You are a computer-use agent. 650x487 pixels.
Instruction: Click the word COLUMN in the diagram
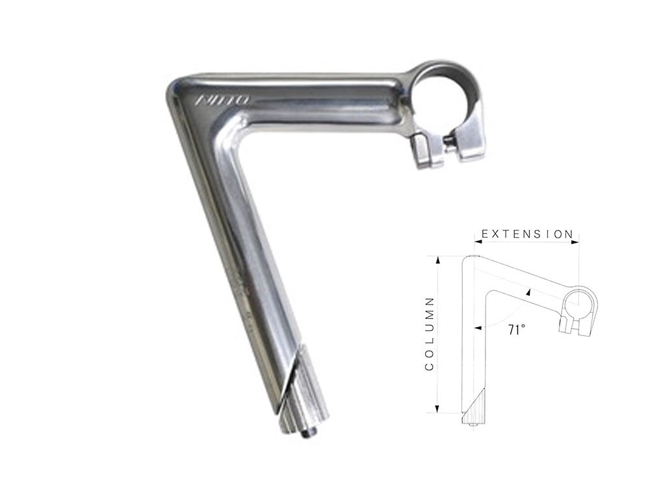click(429, 334)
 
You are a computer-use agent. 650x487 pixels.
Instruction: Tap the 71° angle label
click(516, 329)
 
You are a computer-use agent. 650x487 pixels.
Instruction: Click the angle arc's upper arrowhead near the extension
click(530, 292)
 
